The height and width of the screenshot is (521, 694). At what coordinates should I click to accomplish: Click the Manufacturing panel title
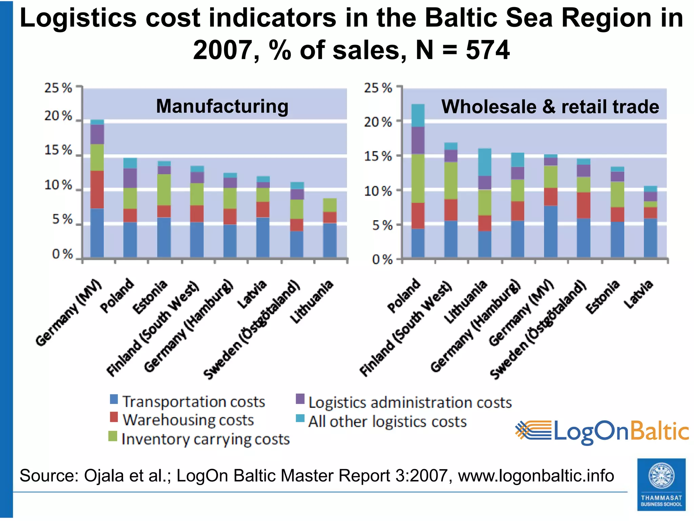[222, 106]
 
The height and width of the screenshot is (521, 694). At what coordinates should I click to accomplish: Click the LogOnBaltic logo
[602, 431]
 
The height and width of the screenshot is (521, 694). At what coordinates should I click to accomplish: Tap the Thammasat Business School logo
[661, 484]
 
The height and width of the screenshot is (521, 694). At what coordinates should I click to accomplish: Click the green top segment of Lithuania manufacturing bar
[330, 205]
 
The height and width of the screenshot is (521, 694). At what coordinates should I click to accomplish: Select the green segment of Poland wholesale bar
[418, 178]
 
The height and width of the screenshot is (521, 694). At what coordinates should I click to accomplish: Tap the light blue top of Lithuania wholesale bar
[485, 162]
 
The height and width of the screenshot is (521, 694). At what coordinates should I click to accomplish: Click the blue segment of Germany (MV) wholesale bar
[551, 231]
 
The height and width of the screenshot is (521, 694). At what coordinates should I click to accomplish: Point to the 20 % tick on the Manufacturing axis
[58, 116]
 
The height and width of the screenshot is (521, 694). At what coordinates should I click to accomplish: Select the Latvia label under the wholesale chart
[638, 294]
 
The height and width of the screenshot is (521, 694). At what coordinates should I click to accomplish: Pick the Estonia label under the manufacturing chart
[150, 297]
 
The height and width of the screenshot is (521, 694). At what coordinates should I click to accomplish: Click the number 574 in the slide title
[487, 50]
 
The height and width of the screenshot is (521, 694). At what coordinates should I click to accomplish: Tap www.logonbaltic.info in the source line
[536, 476]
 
